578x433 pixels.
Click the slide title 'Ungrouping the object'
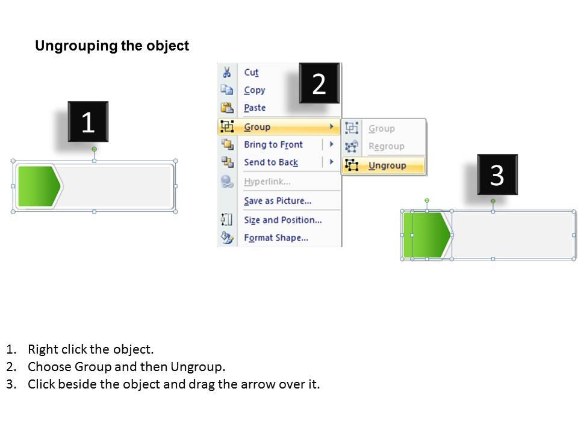tap(112, 46)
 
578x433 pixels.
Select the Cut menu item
tap(251, 72)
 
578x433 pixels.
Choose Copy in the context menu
tap(254, 90)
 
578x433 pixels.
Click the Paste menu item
tap(254, 108)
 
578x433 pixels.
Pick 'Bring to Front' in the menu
tap(273, 144)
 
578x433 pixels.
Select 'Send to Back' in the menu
tap(270, 162)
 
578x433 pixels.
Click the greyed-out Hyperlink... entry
tap(267, 182)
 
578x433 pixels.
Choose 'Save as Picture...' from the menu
tap(277, 201)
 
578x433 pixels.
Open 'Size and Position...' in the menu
tap(282, 220)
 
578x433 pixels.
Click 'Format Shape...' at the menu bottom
tap(276, 238)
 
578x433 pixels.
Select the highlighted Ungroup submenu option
tap(387, 165)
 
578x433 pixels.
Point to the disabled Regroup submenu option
tap(386, 146)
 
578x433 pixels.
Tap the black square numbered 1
tap(88, 122)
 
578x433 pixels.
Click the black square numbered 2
tap(319, 83)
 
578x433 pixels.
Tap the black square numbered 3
tap(497, 175)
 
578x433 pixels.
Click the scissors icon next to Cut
tap(227, 73)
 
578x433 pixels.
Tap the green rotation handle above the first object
tap(94, 149)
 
